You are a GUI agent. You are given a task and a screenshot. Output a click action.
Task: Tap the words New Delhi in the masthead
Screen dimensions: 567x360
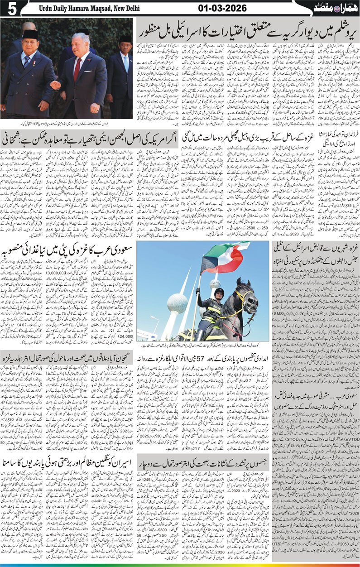(x=125, y=8)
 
